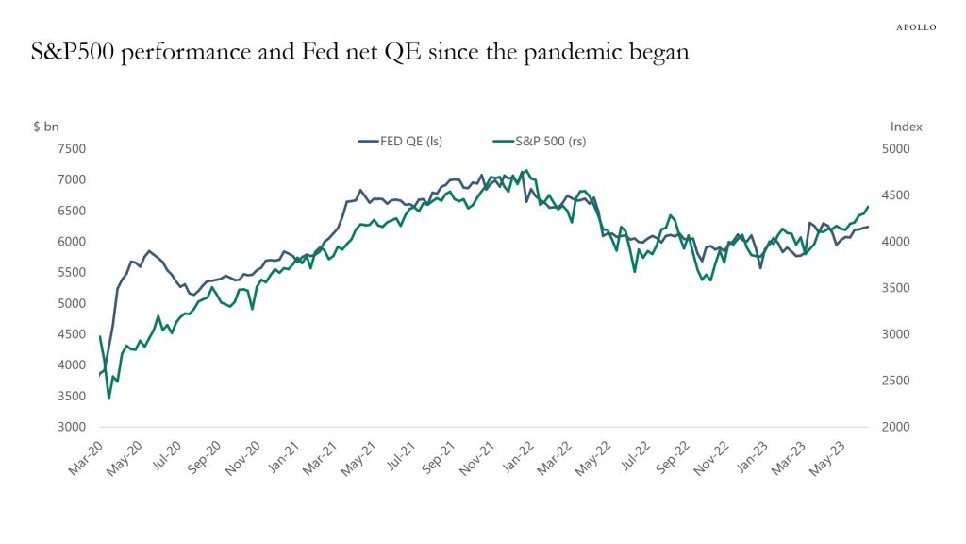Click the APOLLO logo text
click(915, 27)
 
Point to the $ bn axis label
click(45, 127)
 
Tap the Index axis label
click(906, 127)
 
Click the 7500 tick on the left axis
click(73, 149)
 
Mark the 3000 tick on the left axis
click(73, 427)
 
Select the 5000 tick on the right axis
click(896, 149)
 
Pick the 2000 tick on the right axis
click(896, 427)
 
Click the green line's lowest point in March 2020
click(108, 399)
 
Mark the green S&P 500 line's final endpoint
click(868, 194)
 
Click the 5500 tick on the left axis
click(73, 272)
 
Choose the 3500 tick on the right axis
click(896, 288)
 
